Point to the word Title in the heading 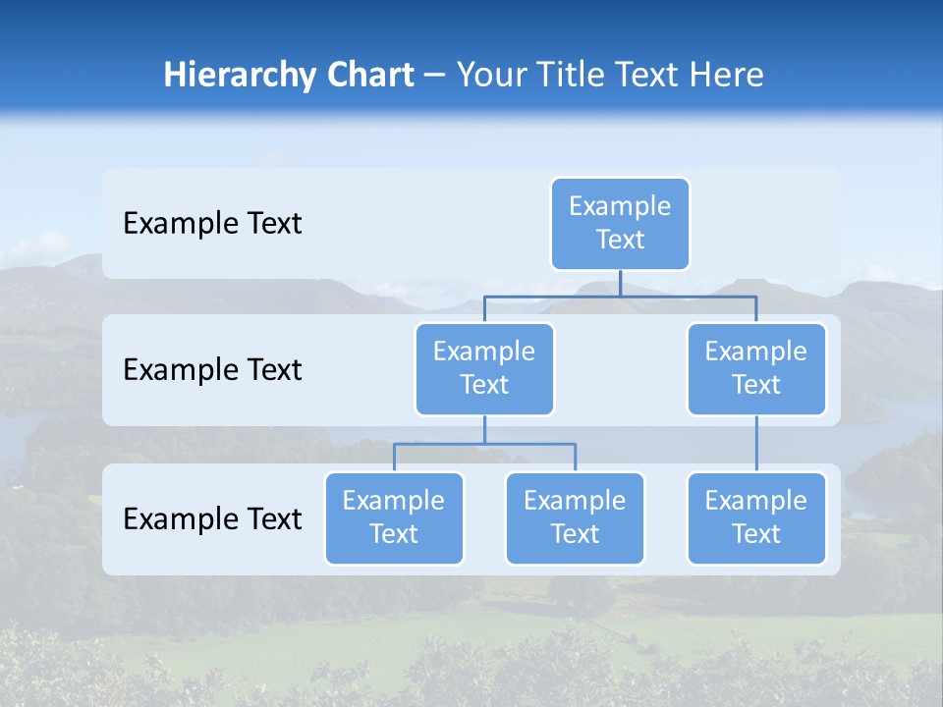click(x=570, y=76)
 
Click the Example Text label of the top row click(x=212, y=224)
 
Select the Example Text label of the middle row click(x=212, y=370)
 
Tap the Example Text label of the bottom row click(x=212, y=518)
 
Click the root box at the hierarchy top click(x=620, y=224)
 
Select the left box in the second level click(x=484, y=369)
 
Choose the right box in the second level click(x=756, y=369)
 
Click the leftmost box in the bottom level click(x=394, y=518)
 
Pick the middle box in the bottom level click(x=575, y=518)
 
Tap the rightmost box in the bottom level click(x=756, y=518)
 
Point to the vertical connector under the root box click(x=620, y=283)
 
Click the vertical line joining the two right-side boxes click(x=756, y=444)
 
